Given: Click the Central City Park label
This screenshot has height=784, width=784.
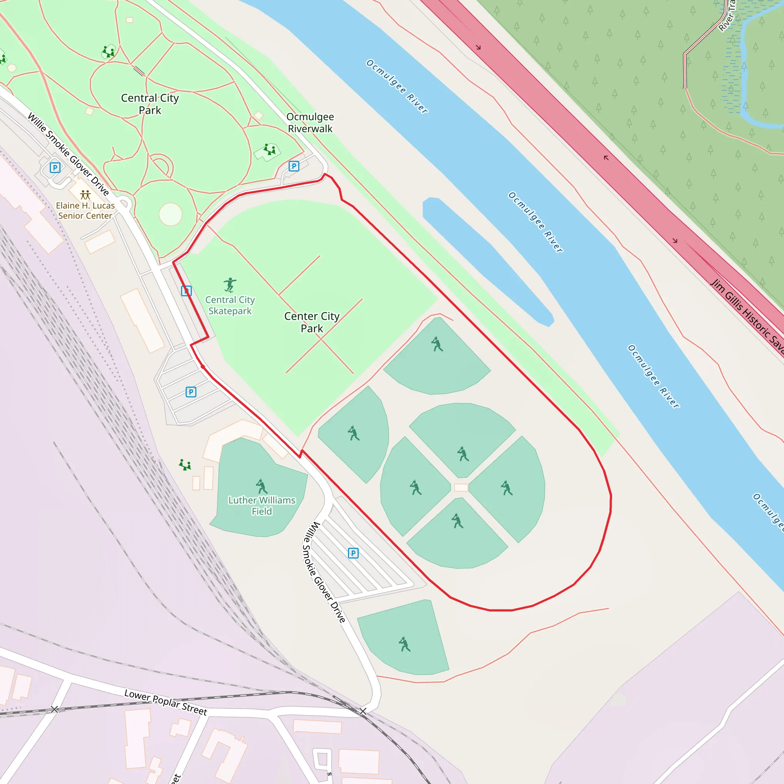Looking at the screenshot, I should [150, 104].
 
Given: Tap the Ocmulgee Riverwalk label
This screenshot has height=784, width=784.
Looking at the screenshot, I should [310, 122].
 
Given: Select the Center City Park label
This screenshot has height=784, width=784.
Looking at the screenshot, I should [312, 322].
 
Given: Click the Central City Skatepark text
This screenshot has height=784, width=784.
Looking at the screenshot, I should [230, 305].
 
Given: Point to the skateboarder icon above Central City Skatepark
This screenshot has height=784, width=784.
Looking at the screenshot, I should [230, 284].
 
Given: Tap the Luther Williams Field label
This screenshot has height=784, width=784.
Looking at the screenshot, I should [262, 506].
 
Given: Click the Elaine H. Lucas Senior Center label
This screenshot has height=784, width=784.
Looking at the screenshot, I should [85, 211].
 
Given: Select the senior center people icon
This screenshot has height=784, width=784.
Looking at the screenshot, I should [85, 195].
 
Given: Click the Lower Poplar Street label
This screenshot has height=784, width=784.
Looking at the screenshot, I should [165, 702].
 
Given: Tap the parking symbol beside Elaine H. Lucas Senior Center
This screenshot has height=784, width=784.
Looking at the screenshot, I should [55, 167].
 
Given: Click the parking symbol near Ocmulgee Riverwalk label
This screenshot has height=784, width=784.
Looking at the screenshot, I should [294, 166].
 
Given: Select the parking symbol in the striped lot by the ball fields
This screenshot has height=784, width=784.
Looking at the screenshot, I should [353, 553].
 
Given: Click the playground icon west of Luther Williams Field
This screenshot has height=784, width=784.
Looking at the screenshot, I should [185, 465].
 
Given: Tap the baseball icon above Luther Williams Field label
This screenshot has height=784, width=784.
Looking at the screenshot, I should [262, 486].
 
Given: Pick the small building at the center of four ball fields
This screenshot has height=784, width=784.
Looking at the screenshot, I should [461, 487].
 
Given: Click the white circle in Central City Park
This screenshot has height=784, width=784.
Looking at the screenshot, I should [170, 214].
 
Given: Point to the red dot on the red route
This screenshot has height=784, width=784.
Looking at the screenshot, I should [203, 367].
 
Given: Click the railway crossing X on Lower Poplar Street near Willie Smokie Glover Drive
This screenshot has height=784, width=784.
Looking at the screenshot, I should [363, 711].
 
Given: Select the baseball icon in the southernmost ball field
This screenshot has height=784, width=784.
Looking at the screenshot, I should [404, 644].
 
